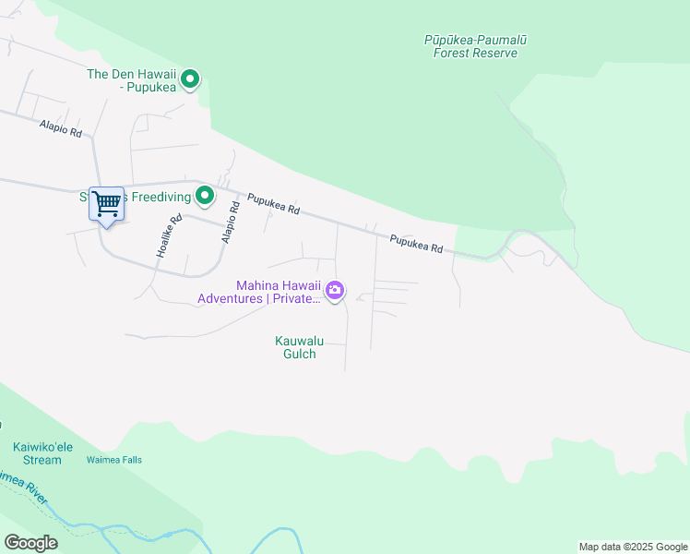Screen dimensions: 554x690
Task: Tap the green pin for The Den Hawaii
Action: pyautogui.click(x=190, y=79)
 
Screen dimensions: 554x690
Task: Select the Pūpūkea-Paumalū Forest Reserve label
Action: pyautogui.click(x=476, y=46)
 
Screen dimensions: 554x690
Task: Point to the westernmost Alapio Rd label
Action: pyautogui.click(x=61, y=128)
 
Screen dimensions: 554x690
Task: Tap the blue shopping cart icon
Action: pyautogui.click(x=106, y=203)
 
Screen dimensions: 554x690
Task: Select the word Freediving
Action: pyautogui.click(x=157, y=196)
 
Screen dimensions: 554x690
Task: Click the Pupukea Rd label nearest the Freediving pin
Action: pyautogui.click(x=274, y=203)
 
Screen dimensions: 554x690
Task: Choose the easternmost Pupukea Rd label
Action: pyautogui.click(x=416, y=244)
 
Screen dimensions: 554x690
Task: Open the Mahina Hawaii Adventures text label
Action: pyautogui.click(x=260, y=292)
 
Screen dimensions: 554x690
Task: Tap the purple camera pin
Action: pyautogui.click(x=336, y=292)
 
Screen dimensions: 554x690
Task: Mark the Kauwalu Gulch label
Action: pyautogui.click(x=295, y=347)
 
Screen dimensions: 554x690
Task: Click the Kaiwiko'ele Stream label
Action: pyautogui.click(x=37, y=453)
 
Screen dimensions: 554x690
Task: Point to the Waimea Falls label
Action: pyautogui.click(x=113, y=460)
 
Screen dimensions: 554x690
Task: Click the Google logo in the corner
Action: pyautogui.click(x=30, y=543)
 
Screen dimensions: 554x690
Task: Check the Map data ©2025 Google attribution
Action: pyautogui.click(x=633, y=547)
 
